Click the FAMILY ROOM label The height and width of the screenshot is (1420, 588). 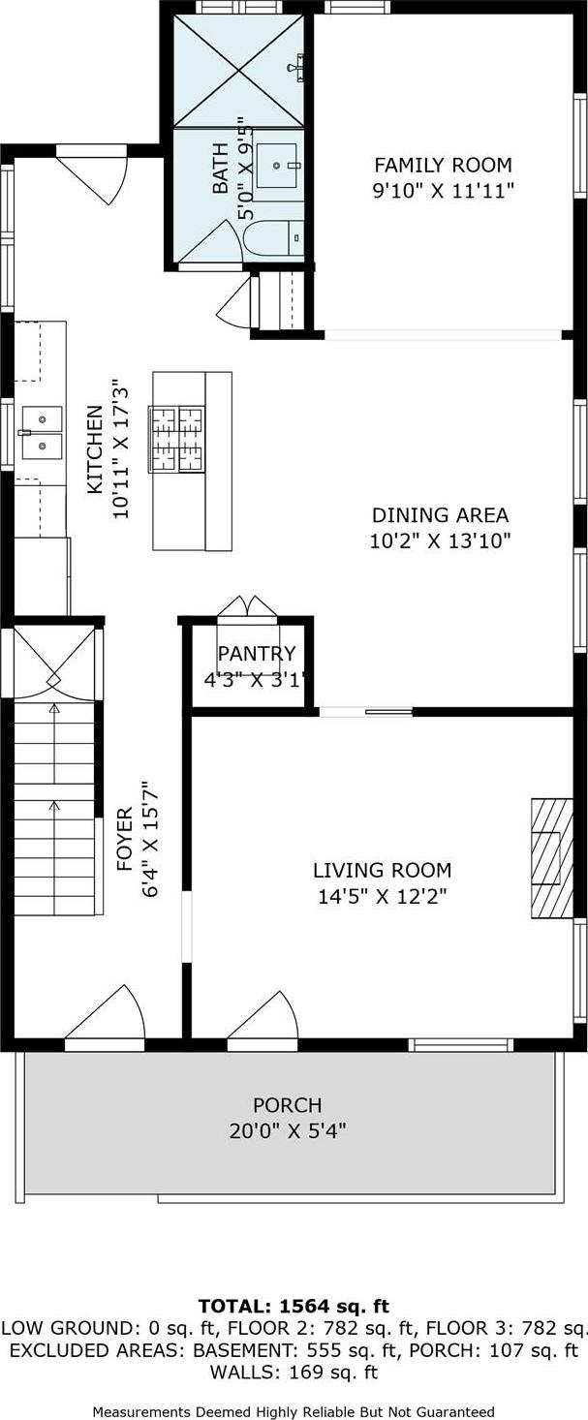[443, 165]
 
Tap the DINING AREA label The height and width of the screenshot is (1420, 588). [440, 515]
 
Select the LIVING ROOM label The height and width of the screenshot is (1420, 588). [382, 871]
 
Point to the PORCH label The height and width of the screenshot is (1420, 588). [287, 1105]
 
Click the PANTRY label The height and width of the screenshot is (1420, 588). [256, 655]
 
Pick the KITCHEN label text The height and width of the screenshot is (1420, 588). [95, 449]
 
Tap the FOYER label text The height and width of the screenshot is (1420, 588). [125, 839]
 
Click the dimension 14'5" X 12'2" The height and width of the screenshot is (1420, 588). [382, 897]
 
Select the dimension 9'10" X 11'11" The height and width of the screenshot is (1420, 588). [443, 191]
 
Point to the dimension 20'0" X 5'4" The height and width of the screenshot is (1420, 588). [287, 1130]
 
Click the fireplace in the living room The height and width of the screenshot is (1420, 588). [551, 857]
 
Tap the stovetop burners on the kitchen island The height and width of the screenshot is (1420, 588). [176, 439]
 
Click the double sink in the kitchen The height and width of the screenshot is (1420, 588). [41, 432]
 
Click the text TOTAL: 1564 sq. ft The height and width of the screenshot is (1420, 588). [294, 1307]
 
